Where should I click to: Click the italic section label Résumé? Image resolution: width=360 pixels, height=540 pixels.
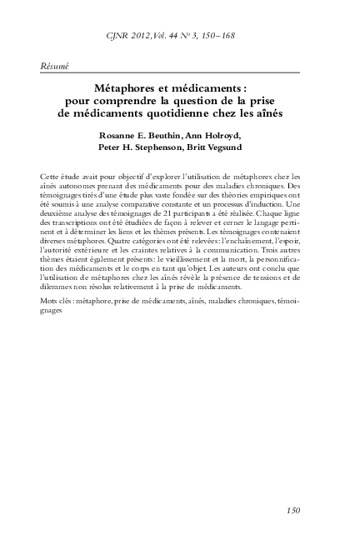[54, 66]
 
